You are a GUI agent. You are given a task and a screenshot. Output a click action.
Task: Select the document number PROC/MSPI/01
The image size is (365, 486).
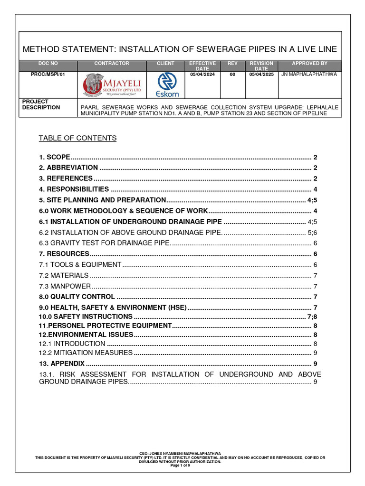(48, 75)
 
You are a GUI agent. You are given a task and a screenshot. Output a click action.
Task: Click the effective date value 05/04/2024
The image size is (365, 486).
(202, 75)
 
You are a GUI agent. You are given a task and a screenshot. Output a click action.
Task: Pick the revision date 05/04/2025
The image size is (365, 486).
(261, 75)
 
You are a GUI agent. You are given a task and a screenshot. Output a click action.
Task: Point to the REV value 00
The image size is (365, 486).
(232, 75)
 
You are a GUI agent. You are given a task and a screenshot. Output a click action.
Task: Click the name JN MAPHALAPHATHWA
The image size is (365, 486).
(309, 75)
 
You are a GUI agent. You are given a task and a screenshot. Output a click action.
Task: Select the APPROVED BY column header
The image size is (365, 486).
(309, 64)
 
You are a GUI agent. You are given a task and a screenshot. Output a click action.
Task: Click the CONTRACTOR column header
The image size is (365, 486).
(112, 64)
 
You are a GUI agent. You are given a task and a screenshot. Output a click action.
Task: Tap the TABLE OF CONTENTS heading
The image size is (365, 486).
(77, 138)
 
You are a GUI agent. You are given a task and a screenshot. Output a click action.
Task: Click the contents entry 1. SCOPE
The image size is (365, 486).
(55, 157)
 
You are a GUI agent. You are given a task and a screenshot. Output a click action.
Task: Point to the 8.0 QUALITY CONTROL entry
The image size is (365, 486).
(77, 297)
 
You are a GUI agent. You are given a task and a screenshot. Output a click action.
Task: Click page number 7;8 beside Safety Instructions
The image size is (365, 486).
(312, 317)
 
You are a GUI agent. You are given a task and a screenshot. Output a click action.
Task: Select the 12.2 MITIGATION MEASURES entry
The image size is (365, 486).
(86, 353)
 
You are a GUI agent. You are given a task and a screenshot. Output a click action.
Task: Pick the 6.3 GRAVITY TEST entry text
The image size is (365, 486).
(104, 243)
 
